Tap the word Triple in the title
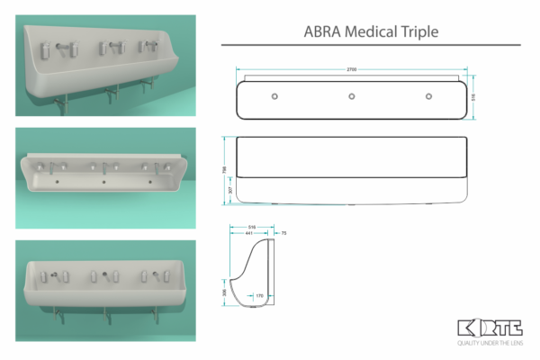tap(418, 32)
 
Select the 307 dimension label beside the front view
tap(231, 190)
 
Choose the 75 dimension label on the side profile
tap(283, 233)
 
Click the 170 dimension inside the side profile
tap(259, 294)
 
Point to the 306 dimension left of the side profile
tap(226, 292)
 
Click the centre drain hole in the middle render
tap(105, 183)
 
